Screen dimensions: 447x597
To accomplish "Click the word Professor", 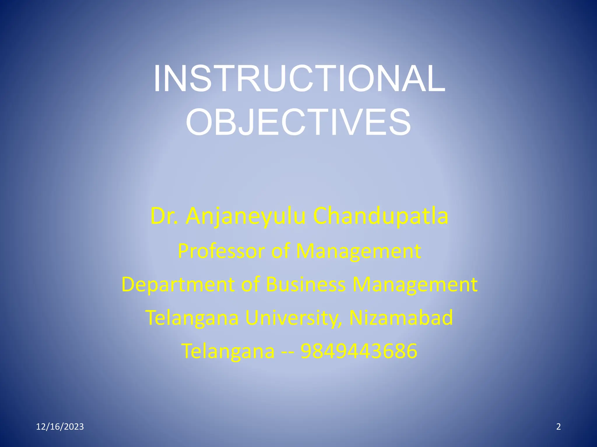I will (221, 251).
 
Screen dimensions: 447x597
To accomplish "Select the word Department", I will (178, 285).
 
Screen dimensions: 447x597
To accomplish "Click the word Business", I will (306, 284).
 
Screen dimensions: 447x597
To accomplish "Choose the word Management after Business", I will (415, 285).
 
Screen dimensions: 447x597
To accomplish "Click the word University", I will (294, 318).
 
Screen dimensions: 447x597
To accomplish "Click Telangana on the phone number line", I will (228, 351).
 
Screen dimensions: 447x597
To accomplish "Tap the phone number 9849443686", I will (359, 351).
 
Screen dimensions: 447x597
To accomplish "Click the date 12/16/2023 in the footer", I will (60, 427).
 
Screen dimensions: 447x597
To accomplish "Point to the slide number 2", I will (558, 427).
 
